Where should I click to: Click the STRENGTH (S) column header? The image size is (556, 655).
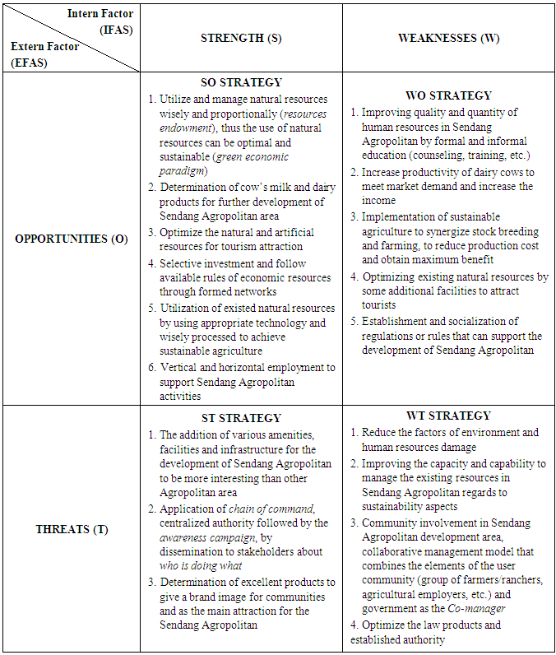[x=241, y=39]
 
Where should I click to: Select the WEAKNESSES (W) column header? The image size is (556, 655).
[x=448, y=39]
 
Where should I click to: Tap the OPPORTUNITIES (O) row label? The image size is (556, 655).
[x=72, y=239]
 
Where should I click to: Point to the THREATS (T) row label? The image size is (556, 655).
[x=72, y=529]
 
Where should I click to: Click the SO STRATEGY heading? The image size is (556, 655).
[x=241, y=82]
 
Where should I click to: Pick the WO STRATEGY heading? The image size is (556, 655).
[x=449, y=95]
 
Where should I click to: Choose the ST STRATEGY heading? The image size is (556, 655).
[x=241, y=418]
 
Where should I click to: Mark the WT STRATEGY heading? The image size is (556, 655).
[x=448, y=416]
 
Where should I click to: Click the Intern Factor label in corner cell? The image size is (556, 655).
[x=100, y=14]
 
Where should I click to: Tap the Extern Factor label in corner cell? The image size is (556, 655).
[x=44, y=47]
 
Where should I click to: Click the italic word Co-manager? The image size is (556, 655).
[x=477, y=608]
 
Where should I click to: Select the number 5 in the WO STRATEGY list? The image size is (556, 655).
[x=354, y=322]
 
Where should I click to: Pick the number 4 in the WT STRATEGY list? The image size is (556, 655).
[x=354, y=625]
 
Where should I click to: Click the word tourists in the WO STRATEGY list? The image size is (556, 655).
[x=380, y=305]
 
